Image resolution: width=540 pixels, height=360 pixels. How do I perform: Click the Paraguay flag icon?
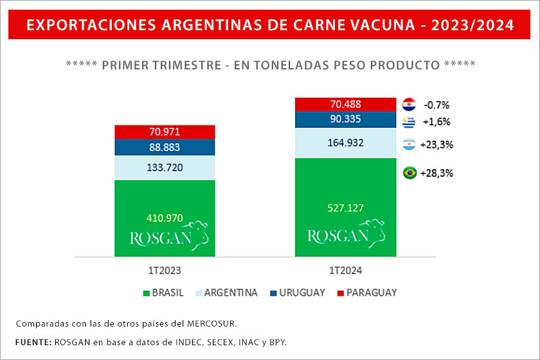click(408, 104)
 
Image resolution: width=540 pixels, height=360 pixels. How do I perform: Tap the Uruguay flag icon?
click(408, 122)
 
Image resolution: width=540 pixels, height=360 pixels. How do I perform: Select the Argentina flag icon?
click(408, 145)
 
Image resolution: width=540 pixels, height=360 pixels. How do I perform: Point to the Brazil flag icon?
click(408, 173)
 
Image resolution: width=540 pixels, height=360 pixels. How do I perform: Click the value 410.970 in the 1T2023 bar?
click(165, 218)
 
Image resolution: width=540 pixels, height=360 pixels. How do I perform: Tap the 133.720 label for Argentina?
click(165, 168)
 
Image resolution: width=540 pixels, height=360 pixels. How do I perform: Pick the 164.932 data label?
click(345, 142)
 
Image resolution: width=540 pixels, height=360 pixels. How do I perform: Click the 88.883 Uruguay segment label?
click(165, 147)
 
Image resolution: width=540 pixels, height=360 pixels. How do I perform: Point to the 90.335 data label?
click(345, 119)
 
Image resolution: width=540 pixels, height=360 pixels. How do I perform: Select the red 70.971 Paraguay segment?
click(165, 132)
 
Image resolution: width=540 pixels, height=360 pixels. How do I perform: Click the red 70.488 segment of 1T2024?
click(345, 104)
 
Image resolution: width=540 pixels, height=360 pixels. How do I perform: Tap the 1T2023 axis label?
click(165, 270)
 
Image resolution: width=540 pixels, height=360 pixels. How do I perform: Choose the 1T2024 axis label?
click(345, 270)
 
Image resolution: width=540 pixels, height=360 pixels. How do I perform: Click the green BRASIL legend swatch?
click(146, 293)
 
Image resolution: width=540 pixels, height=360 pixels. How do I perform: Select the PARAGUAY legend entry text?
click(372, 292)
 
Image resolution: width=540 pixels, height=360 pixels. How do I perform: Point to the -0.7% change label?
click(436, 104)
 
